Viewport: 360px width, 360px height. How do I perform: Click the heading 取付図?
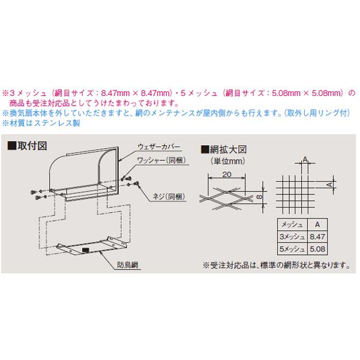(x=30, y=146)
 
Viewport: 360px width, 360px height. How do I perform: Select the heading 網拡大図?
(x=228, y=149)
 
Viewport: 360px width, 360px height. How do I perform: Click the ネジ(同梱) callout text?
(x=164, y=195)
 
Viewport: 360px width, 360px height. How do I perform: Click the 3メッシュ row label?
(x=290, y=236)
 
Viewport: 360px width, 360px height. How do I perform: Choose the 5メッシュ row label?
(x=290, y=248)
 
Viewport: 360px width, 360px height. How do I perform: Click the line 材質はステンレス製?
(x=42, y=122)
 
